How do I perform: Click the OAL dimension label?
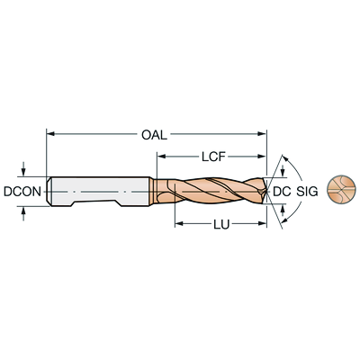pyautogui.click(x=154, y=135)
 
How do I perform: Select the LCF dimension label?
pyautogui.click(x=213, y=157)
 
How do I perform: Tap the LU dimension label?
pyautogui.click(x=221, y=224)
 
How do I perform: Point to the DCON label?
pyautogui.click(x=22, y=192)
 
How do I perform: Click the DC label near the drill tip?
pyautogui.click(x=282, y=192)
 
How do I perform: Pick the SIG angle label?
pyautogui.click(x=307, y=192)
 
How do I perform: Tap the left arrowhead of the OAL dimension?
pyautogui.click(x=50, y=133)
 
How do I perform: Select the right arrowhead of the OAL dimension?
pyautogui.click(x=263, y=133)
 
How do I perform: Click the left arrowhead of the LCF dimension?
pyautogui.click(x=161, y=156)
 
